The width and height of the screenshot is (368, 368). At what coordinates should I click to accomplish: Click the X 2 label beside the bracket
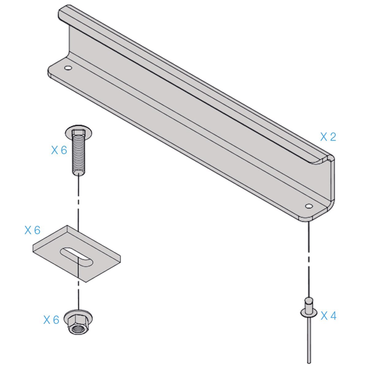[328, 137]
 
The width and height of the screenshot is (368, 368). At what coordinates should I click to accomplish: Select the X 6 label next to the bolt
[59, 150]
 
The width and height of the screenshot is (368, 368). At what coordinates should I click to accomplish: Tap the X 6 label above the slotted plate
[32, 230]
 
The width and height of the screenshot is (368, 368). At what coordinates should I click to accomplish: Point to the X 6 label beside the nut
[51, 320]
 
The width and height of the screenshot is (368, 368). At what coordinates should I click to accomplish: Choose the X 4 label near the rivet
[328, 316]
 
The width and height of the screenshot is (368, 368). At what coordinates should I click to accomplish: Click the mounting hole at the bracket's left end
[68, 67]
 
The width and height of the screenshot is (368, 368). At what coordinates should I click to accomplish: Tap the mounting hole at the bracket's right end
[309, 206]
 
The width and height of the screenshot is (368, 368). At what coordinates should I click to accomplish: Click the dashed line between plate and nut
[79, 294]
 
